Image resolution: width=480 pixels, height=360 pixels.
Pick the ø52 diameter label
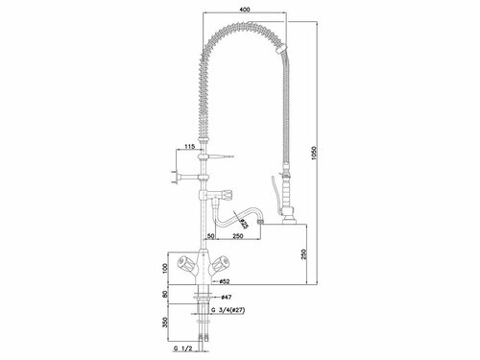(x=223, y=283)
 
